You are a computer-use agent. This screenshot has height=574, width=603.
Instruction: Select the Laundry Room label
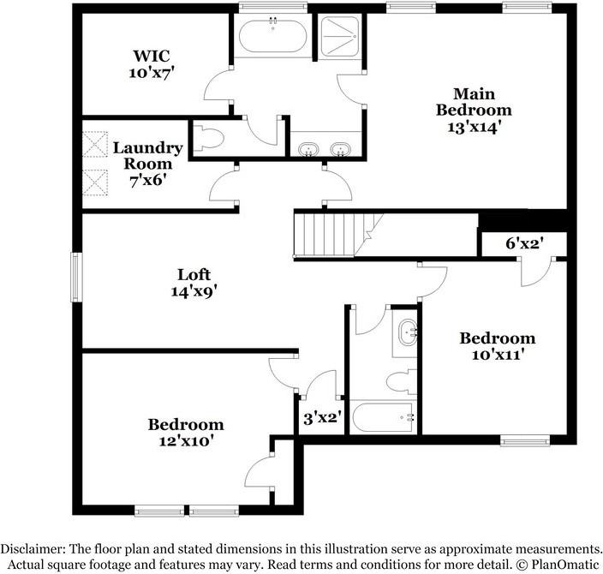coord(147,155)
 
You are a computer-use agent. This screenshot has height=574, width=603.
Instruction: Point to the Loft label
coord(194,275)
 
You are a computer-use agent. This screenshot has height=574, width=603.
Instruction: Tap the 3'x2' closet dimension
coord(323,419)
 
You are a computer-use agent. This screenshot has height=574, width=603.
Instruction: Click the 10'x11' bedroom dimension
coord(497,354)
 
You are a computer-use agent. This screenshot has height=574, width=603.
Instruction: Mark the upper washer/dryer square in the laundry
coord(93,142)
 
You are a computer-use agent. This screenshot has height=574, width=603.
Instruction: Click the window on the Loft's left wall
coord(75,273)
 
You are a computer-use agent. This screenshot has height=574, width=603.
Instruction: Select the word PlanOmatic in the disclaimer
coord(563,564)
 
